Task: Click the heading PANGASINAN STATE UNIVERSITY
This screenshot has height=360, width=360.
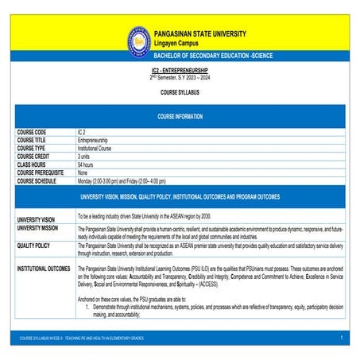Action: [200, 34]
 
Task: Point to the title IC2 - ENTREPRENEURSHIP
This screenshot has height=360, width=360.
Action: [180, 71]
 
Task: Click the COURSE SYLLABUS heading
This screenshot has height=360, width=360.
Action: [180, 93]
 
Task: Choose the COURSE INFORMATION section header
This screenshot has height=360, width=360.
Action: [180, 116]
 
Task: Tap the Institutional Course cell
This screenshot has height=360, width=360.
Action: [99, 148]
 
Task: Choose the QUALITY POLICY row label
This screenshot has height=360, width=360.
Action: [34, 246]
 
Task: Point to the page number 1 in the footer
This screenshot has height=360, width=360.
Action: [339, 339]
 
